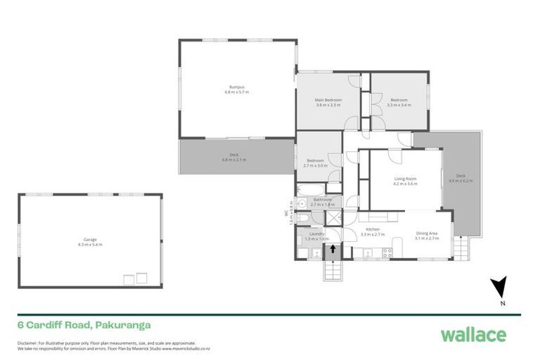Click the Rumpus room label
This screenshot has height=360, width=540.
(236, 86)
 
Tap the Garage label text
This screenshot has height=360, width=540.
(89, 239)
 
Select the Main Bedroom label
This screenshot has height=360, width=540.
(328, 100)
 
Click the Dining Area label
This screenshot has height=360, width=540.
(427, 233)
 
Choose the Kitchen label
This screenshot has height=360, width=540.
(373, 229)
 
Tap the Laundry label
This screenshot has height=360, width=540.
(311, 234)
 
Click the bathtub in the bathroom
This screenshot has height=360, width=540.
(309, 190)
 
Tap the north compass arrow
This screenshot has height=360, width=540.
(499, 288)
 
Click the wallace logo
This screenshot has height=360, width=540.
(472, 334)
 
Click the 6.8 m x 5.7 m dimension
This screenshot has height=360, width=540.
(236, 92)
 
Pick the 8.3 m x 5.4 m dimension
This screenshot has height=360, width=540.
(89, 245)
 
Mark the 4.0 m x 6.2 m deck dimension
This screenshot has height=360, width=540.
(461, 181)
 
